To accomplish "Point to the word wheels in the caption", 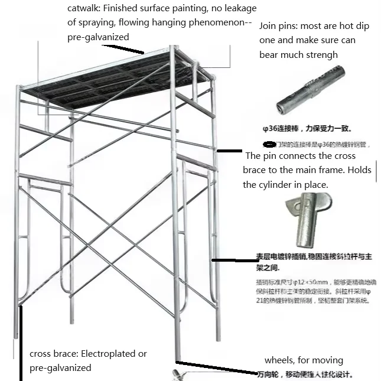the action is click(x=279, y=360).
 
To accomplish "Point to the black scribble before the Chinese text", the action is click(x=269, y=144).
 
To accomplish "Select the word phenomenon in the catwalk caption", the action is click(x=212, y=23).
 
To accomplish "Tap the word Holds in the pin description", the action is click(x=359, y=170).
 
